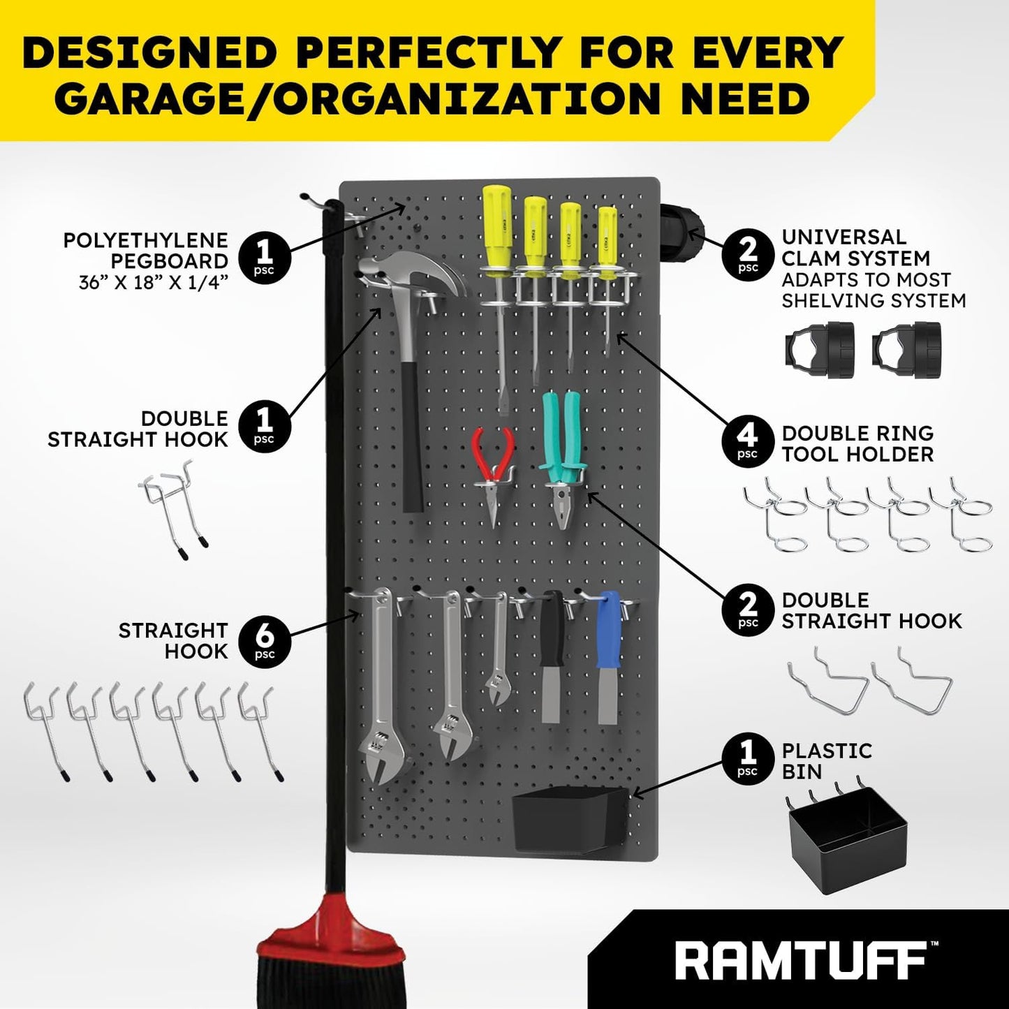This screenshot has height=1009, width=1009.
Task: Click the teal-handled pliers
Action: (x=563, y=454)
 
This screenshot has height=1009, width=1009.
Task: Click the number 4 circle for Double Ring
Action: (x=747, y=443)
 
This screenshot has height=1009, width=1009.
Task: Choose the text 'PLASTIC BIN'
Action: (x=827, y=761)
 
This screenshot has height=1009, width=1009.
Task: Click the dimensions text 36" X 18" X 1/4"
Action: (x=154, y=283)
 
